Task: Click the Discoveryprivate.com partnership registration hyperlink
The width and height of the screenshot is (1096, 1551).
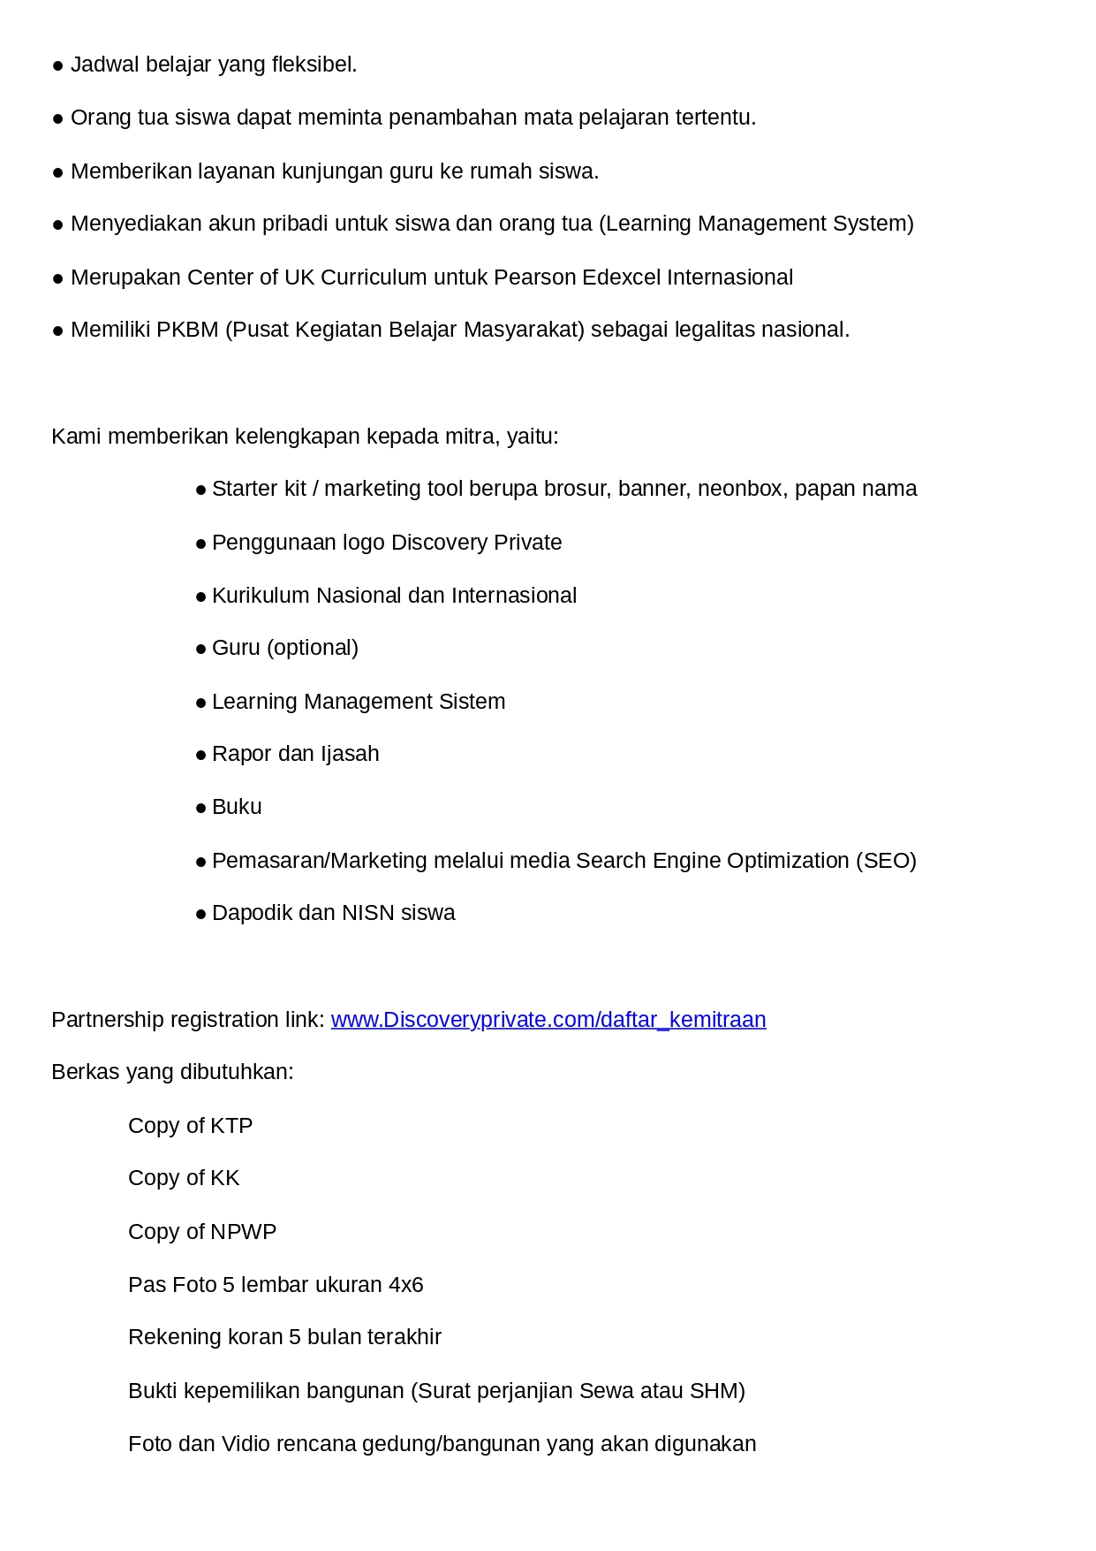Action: pyautogui.click(x=548, y=1020)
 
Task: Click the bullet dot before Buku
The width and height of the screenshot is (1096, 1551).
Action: pyautogui.click(x=201, y=809)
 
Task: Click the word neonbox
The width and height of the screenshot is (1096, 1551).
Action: pyautogui.click(x=741, y=489)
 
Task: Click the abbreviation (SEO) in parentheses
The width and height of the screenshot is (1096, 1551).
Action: pyautogui.click(x=886, y=861)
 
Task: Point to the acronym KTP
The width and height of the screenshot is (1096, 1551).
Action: pyautogui.click(x=231, y=1126)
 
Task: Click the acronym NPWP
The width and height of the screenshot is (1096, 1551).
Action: pyautogui.click(x=243, y=1232)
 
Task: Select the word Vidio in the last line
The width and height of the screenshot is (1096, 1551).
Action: pyautogui.click(x=246, y=1444)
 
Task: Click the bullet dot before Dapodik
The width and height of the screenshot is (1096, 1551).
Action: pyautogui.click(x=201, y=915)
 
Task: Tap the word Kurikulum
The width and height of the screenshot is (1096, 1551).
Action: pyautogui.click(x=261, y=596)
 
